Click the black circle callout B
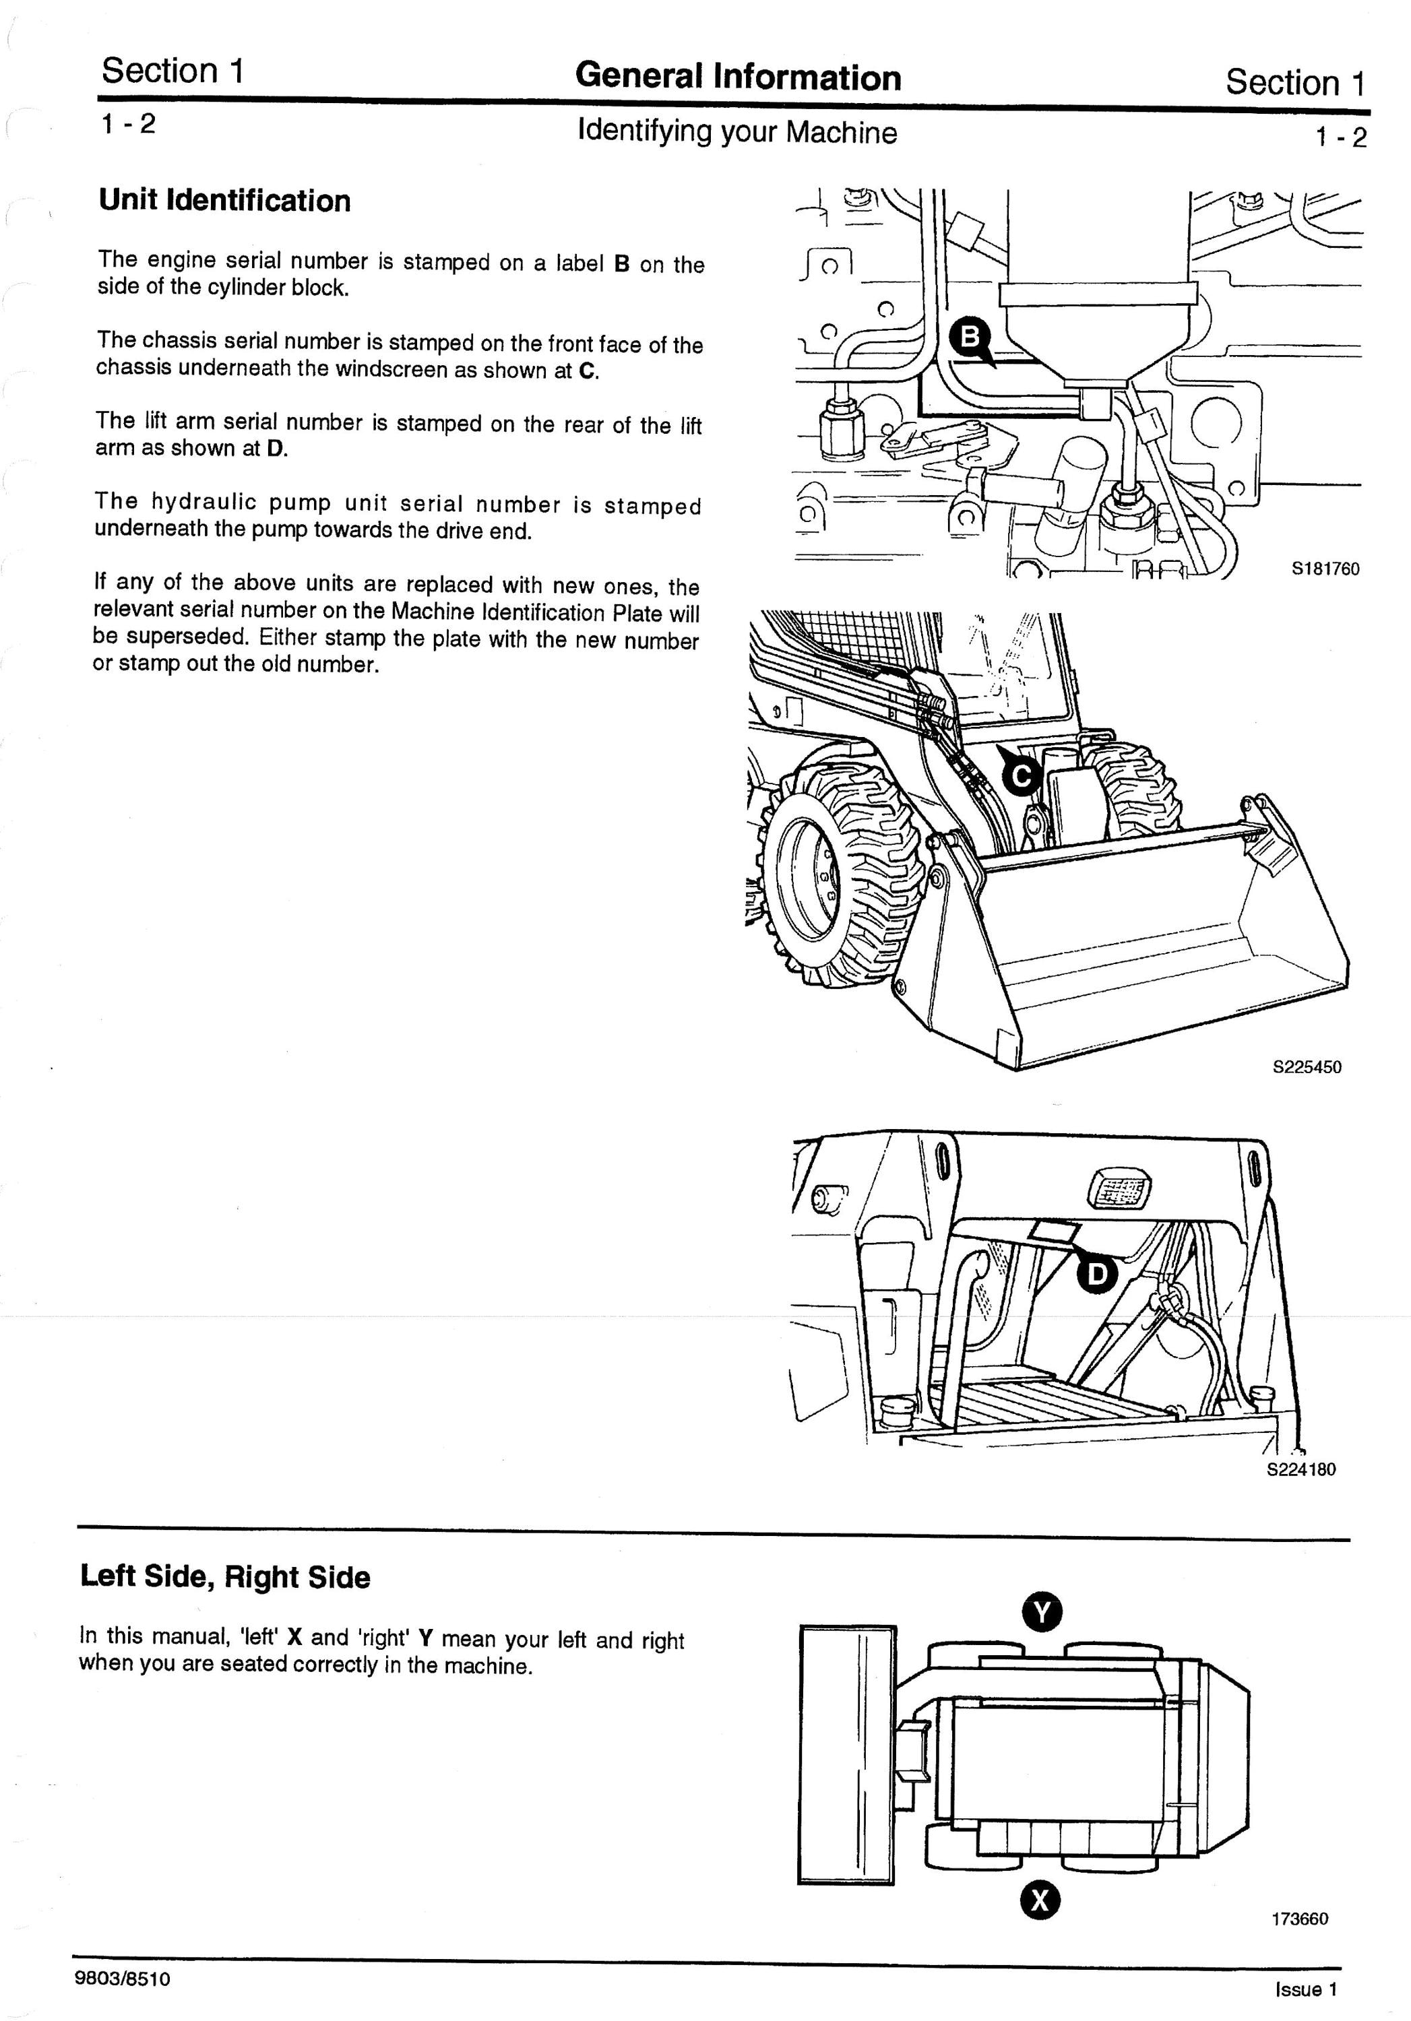968,337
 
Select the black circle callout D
1096,1274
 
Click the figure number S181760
1325,569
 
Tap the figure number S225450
1307,1067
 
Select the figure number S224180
1301,1469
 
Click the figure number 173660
1299,1943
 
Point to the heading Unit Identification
224,201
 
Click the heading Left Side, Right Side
225,1576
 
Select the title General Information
739,77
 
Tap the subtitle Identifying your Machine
738,132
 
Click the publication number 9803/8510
123,1979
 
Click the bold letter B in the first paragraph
621,264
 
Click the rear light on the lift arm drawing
1120,1191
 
